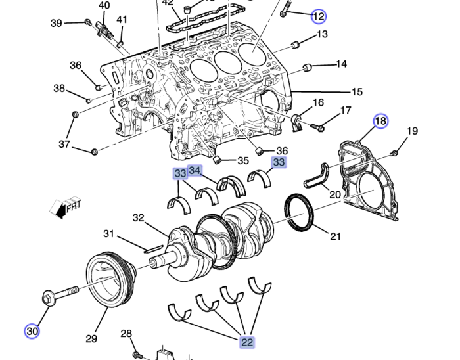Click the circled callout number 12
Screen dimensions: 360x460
click(x=318, y=15)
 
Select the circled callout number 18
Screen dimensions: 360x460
click(x=381, y=121)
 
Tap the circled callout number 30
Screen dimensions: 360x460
click(x=32, y=330)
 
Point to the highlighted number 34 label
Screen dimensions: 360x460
click(x=195, y=171)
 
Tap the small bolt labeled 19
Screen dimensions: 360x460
click(x=394, y=153)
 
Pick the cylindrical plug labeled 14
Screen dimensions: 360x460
click(x=307, y=67)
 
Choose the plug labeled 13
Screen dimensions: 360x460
click(x=294, y=45)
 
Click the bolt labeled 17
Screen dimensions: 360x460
click(x=317, y=126)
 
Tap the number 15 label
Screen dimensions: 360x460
click(x=357, y=92)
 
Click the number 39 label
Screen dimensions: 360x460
click(x=57, y=23)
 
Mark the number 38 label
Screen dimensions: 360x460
click(x=59, y=89)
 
